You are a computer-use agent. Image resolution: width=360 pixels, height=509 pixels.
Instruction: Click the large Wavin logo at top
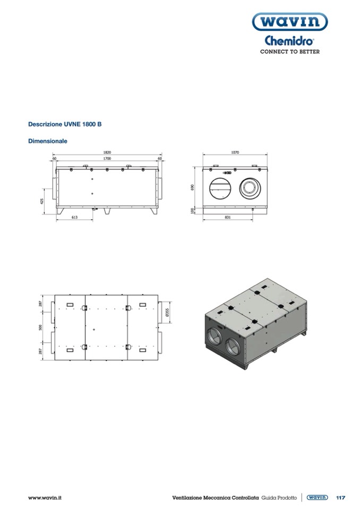click(290, 22)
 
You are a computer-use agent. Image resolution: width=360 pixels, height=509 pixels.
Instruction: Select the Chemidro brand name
click(289, 41)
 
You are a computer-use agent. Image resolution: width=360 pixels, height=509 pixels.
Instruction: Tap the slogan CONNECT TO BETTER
click(290, 51)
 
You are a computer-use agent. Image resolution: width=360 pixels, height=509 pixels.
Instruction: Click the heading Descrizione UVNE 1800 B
click(65, 124)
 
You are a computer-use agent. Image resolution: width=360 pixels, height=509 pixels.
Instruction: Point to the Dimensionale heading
click(48, 141)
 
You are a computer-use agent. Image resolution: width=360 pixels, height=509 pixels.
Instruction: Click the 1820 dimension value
click(107, 152)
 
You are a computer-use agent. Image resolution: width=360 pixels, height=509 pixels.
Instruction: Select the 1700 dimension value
click(107, 158)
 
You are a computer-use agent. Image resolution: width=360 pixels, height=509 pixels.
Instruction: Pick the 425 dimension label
click(42, 201)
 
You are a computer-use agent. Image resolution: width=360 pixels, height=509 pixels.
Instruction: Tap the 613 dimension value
click(74, 218)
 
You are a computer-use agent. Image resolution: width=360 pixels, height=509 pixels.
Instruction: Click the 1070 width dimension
click(235, 152)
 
